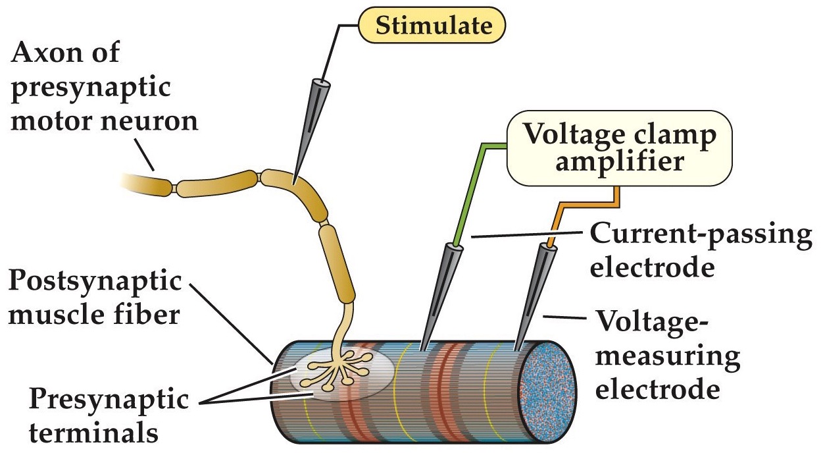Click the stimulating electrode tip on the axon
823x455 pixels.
tap(294, 178)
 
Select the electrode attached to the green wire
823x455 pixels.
tap(437, 296)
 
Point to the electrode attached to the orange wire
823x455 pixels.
tap(533, 296)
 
